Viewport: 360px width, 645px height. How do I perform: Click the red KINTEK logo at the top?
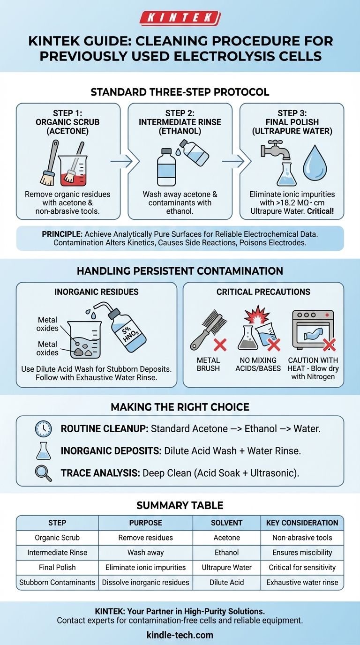(x=180, y=18)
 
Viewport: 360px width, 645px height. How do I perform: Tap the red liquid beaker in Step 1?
(x=73, y=171)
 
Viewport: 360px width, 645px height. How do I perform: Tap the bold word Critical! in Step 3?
(x=320, y=211)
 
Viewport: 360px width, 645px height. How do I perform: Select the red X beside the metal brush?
(x=220, y=345)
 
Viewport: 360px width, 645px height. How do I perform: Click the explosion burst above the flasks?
(x=257, y=315)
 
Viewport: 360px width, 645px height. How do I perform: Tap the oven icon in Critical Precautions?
(x=313, y=330)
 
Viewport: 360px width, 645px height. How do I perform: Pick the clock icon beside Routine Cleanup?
(x=43, y=429)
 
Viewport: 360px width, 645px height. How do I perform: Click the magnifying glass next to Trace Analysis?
(x=43, y=473)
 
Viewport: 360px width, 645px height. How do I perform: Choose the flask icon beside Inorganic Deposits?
(x=44, y=450)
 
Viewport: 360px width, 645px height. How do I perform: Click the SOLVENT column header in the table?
(x=226, y=523)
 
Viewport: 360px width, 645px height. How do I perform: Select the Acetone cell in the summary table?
(x=227, y=538)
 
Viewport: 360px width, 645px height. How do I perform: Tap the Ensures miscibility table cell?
(x=302, y=553)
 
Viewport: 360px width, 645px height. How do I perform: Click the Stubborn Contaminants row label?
(x=57, y=582)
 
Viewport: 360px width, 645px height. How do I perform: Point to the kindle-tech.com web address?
(x=180, y=635)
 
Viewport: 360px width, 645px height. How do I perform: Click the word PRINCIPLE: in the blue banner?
(x=62, y=234)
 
